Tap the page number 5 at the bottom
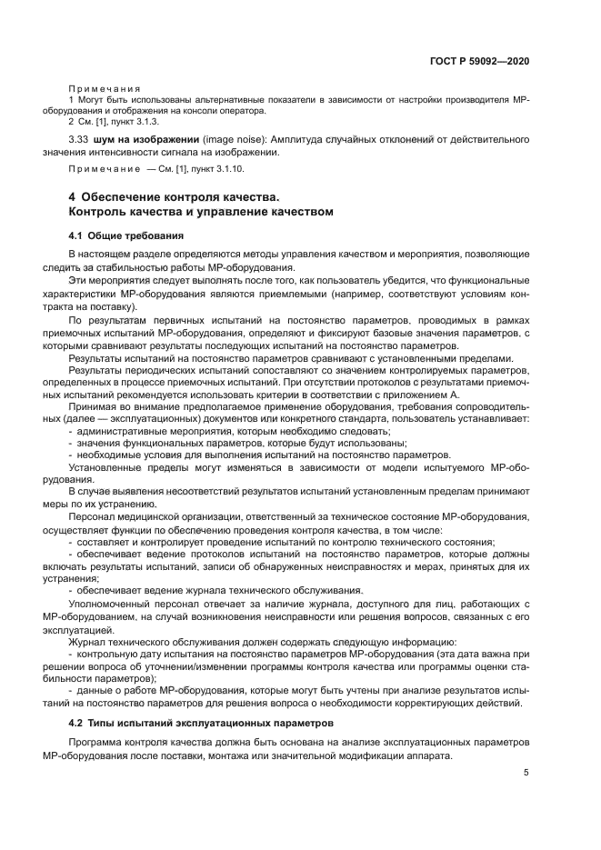[526, 773]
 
